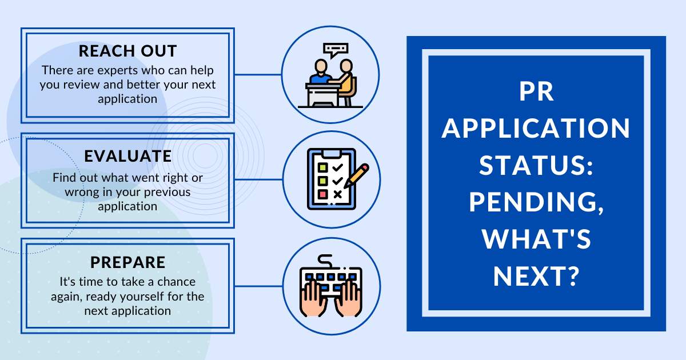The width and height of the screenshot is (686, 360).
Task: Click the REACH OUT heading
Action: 127,51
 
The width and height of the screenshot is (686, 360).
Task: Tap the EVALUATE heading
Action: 127,156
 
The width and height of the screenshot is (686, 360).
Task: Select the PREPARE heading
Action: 127,262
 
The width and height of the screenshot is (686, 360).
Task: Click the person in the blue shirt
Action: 320,72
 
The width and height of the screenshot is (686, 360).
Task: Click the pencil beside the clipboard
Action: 356,176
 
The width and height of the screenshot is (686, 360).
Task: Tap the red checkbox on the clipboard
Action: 323,194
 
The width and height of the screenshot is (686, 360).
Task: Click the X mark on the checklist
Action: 337,194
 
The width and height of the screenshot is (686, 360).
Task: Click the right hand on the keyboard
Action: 349,298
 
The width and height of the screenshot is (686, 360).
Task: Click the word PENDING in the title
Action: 536,203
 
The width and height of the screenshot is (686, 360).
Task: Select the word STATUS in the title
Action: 536,165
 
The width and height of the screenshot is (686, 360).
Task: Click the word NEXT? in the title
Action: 536,277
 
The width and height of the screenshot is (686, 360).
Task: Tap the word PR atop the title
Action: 537,91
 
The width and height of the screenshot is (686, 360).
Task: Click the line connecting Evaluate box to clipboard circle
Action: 258,179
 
